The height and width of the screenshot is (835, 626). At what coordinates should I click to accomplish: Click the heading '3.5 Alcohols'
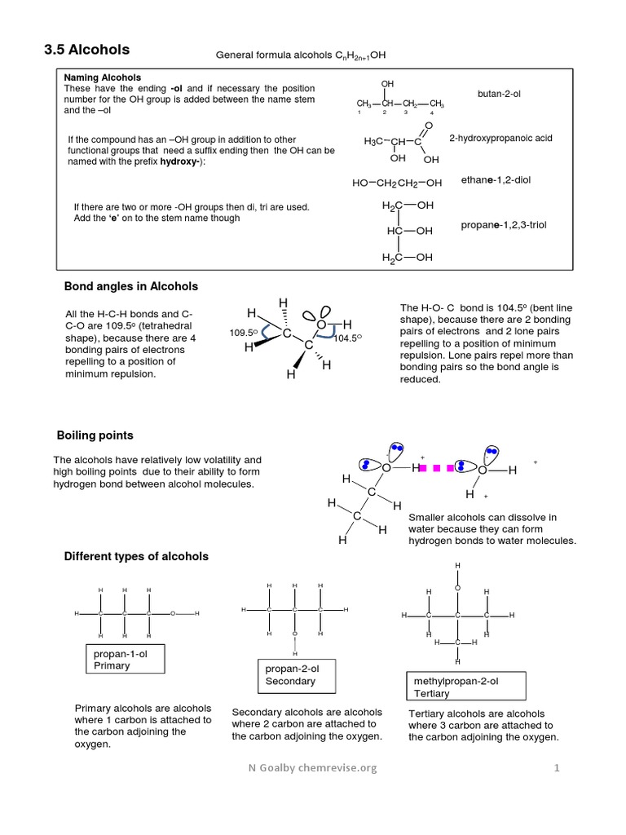coord(86,51)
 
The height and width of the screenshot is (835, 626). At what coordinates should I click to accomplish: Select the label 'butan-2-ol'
coord(499,95)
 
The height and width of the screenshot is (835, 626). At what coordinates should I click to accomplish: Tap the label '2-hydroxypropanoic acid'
coord(500,139)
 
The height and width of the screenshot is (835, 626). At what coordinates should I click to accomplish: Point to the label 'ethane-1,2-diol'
coord(496,179)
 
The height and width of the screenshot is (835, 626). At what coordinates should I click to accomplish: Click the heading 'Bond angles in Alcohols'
coord(131,286)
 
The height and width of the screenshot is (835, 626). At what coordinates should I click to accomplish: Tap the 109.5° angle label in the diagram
coord(243,334)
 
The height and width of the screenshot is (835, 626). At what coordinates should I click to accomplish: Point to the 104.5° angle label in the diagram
coord(347,338)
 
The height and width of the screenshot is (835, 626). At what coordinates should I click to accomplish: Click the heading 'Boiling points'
coord(95,435)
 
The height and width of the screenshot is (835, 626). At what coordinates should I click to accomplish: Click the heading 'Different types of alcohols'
coord(136,556)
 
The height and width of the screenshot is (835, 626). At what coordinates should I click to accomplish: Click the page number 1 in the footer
coord(558,768)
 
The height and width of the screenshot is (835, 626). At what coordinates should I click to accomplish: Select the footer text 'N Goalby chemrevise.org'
coord(313,768)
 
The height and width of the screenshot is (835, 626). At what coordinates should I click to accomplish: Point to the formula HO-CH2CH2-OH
coord(397,183)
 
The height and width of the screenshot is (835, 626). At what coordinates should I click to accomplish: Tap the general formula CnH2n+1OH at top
coord(300,55)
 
